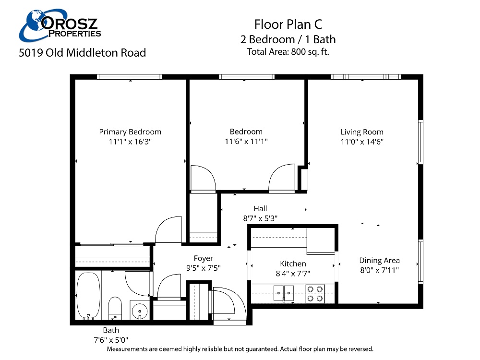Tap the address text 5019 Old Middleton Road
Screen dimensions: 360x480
(x=82, y=53)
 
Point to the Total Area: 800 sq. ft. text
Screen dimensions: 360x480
(x=288, y=52)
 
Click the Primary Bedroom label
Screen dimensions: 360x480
(x=130, y=132)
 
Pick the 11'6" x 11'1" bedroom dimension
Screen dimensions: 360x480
(x=246, y=142)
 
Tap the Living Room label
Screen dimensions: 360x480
(x=362, y=132)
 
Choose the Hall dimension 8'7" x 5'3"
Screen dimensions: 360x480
(x=260, y=218)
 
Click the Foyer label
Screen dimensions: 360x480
(x=204, y=258)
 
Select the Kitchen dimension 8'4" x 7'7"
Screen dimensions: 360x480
(x=293, y=273)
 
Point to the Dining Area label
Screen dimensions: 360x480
(x=379, y=261)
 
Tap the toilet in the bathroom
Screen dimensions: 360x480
(x=115, y=307)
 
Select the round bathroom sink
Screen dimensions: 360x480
(x=140, y=311)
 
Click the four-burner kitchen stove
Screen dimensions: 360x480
(x=315, y=293)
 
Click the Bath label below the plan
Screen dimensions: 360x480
(x=111, y=330)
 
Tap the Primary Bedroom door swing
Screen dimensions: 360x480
(x=168, y=230)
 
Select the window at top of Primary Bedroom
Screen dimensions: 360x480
(x=130, y=77)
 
